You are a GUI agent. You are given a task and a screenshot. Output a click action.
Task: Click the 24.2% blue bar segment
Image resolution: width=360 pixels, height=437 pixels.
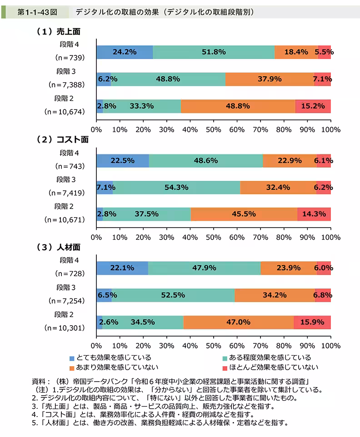click(125, 52)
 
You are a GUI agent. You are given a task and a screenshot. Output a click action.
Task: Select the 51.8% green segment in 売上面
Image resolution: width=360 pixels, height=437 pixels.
click(214, 52)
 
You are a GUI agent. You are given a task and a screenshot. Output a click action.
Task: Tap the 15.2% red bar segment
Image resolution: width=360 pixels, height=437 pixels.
click(313, 106)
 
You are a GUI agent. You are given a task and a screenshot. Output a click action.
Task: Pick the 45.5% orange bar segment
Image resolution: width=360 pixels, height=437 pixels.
click(244, 214)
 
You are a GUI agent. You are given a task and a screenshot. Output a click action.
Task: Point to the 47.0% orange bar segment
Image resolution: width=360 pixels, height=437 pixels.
click(239, 322)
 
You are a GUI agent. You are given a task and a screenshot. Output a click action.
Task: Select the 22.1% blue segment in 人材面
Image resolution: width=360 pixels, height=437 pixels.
click(122, 268)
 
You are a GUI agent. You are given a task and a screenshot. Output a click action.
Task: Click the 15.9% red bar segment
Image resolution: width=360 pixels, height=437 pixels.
click(312, 322)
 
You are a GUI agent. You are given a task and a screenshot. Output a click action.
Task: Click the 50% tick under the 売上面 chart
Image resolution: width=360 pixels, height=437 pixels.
click(213, 129)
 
